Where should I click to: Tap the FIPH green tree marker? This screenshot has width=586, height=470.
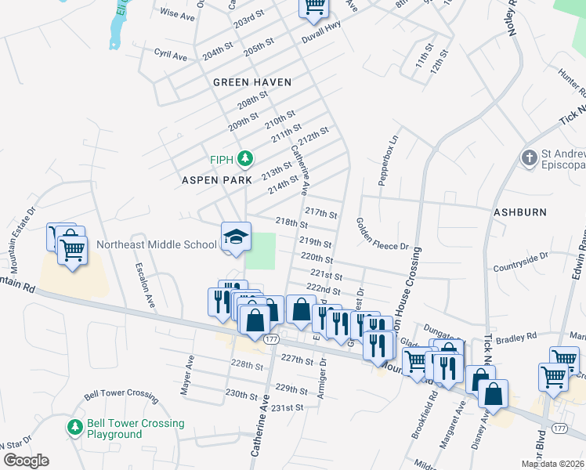[x=245, y=160]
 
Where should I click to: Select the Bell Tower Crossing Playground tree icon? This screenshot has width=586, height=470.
[x=74, y=428]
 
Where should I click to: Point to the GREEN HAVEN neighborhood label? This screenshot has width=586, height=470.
[x=252, y=82]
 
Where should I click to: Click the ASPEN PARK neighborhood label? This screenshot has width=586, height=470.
[x=217, y=180]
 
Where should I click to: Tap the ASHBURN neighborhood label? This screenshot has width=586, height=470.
[x=519, y=212]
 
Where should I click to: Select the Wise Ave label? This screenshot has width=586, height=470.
[x=176, y=15]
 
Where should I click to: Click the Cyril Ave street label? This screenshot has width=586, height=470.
[x=171, y=56]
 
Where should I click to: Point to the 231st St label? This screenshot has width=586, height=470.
[x=287, y=408]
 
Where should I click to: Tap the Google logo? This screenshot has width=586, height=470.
[x=26, y=461]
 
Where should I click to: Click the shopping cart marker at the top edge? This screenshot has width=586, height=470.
[x=313, y=7]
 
